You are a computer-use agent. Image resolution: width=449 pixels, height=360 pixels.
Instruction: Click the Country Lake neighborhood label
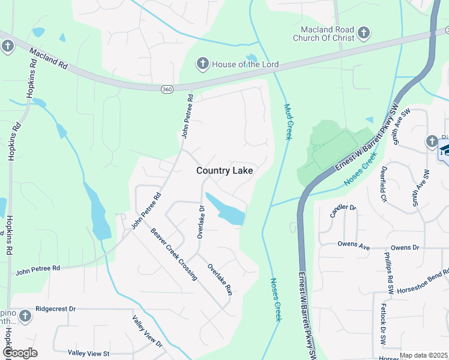[x=224, y=171]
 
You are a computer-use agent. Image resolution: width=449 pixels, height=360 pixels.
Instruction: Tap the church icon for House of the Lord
[x=203, y=63]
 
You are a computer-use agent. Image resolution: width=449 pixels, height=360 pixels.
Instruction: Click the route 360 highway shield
[x=167, y=89]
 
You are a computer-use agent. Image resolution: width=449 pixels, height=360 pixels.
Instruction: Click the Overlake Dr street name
[x=202, y=222]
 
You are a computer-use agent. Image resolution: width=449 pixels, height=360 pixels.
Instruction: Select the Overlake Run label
[x=220, y=279]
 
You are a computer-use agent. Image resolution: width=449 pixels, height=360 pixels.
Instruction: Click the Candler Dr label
[x=343, y=211]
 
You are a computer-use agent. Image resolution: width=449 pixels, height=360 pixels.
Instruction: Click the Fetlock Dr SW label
[x=382, y=325]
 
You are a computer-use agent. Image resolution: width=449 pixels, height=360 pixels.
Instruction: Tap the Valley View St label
[x=88, y=353]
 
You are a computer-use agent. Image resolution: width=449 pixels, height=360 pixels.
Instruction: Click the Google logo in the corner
[x=20, y=353]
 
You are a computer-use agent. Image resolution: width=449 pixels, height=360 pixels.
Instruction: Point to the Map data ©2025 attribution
[x=423, y=355]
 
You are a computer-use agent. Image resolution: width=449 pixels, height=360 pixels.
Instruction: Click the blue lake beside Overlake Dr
[x=227, y=209]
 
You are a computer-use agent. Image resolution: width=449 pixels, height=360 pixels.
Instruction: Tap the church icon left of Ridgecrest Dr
[x=25, y=316]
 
